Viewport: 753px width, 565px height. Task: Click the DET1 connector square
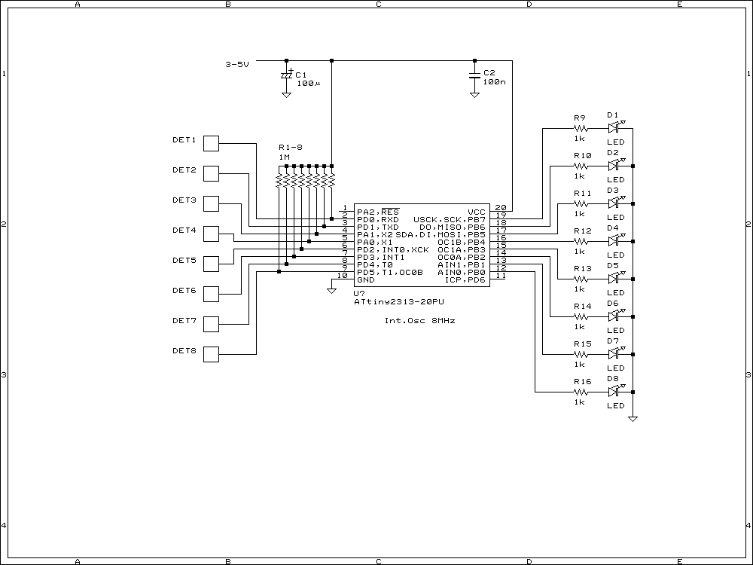[x=212, y=143]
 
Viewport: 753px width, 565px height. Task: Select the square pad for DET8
[x=212, y=354]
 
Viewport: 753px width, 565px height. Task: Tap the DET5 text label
[x=184, y=260]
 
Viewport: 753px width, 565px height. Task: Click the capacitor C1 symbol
[x=286, y=75]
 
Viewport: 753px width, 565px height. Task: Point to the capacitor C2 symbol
[x=474, y=75]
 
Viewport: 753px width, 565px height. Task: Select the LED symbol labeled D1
[x=613, y=128]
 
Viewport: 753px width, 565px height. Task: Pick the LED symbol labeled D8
[x=613, y=392]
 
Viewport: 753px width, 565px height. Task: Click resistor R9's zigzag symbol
[x=580, y=128]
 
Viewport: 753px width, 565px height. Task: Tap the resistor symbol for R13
[x=580, y=279]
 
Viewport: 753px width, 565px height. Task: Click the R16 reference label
[x=582, y=382]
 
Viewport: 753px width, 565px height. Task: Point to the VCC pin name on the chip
[x=477, y=212]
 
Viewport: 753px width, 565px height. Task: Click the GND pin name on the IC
[x=366, y=279]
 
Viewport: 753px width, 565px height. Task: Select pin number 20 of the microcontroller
[x=500, y=208]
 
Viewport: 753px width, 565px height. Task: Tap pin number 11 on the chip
[x=500, y=276]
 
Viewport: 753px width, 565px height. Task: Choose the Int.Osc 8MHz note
[x=419, y=321]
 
